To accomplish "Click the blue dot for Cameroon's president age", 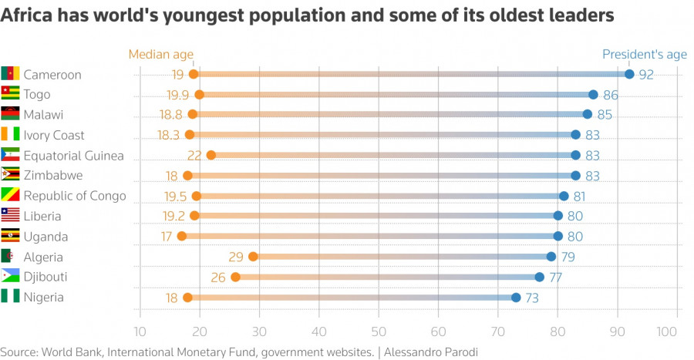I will [629, 74].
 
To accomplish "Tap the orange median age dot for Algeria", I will [253, 257].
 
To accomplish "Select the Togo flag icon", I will [10, 94].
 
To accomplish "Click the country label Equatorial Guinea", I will [73, 156].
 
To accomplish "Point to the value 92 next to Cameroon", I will [646, 75].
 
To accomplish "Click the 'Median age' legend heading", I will [160, 54].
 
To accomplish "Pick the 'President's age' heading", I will [644, 54].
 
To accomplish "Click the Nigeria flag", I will [10, 297].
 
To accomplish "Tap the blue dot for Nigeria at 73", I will [516, 298].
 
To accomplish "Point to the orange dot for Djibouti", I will [235, 277].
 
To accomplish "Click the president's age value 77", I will [555, 278].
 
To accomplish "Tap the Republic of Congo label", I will [74, 196].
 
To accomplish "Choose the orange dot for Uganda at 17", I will [182, 237].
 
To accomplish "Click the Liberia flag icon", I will [10, 216].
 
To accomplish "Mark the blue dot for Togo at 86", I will [593, 95].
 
